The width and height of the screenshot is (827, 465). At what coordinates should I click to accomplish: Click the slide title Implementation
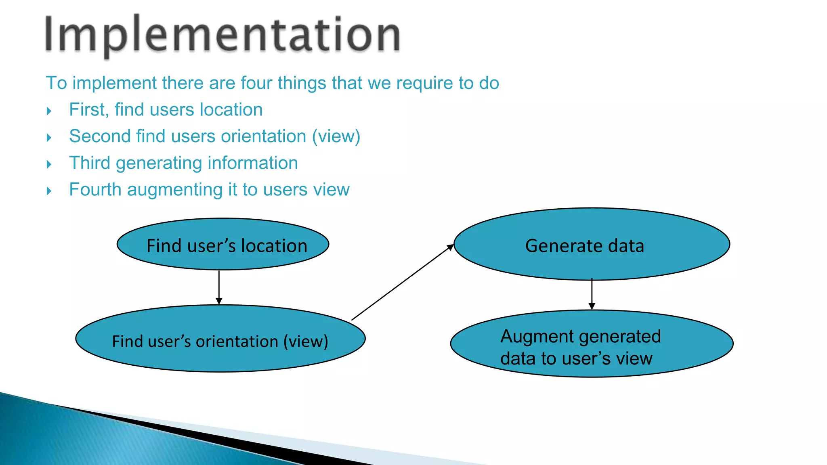coord(222,36)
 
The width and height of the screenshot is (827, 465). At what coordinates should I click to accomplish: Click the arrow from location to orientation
coord(219,287)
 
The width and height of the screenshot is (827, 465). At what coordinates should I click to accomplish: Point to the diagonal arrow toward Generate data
coord(402,283)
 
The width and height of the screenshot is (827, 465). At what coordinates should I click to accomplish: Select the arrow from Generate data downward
coord(592,294)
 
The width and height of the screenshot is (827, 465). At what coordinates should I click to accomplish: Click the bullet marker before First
coord(49,111)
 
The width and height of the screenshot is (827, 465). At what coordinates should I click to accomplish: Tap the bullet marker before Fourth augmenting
coord(49,191)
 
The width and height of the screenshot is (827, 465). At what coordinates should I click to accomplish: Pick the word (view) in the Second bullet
coord(336,136)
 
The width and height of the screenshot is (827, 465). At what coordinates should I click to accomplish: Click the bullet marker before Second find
coord(49,138)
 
